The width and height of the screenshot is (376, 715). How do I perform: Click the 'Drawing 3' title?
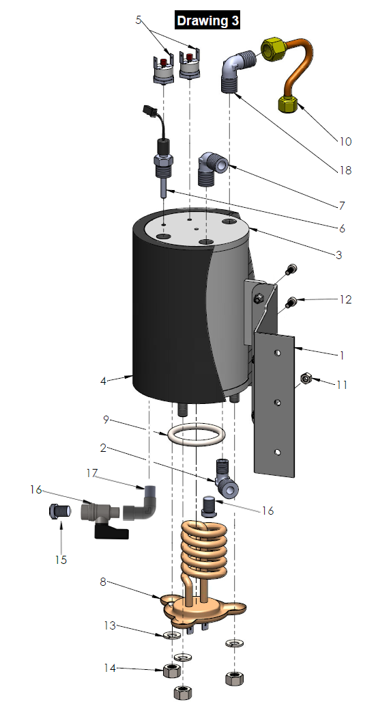tap(207, 21)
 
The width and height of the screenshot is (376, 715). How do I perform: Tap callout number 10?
tap(345, 141)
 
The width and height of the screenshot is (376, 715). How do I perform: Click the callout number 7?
tap(341, 205)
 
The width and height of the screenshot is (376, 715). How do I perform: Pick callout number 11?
tap(341, 385)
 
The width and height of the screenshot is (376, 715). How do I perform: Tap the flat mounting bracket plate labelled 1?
tap(276, 403)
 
